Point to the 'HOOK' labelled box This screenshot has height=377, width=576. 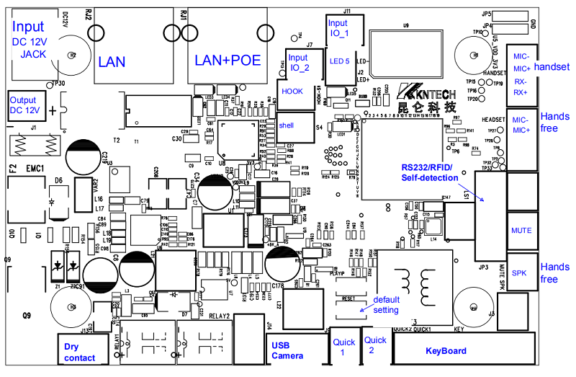pos(292,92)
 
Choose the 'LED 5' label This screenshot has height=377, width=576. pos(340,61)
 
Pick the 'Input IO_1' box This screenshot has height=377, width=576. pos(338,29)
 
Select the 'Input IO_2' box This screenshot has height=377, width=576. pos(297,63)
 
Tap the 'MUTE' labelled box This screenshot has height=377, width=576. pos(521,231)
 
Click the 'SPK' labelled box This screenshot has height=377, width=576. pos(519,273)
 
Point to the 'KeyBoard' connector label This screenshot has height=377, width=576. pos(446,351)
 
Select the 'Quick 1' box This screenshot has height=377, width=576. pos(342,348)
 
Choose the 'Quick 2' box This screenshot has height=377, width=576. pos(372,345)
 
